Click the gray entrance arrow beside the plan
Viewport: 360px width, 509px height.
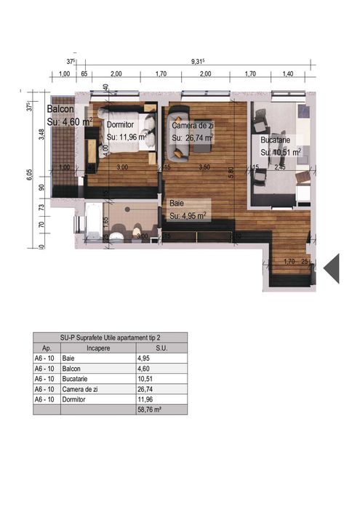(x=332, y=268)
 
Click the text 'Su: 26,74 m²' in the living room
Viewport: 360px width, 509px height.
(x=193, y=137)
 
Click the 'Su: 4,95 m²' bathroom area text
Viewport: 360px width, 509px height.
(x=188, y=216)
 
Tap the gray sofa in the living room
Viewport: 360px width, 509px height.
(x=177, y=135)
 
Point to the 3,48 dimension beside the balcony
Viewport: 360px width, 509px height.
(x=42, y=135)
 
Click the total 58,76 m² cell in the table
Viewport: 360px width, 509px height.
(x=149, y=410)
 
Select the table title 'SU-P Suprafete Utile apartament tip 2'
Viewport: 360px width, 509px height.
(x=110, y=337)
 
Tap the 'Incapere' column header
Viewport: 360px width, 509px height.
(x=97, y=348)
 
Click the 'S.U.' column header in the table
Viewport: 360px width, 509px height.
(x=161, y=348)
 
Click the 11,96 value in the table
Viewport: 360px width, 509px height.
(x=146, y=399)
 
